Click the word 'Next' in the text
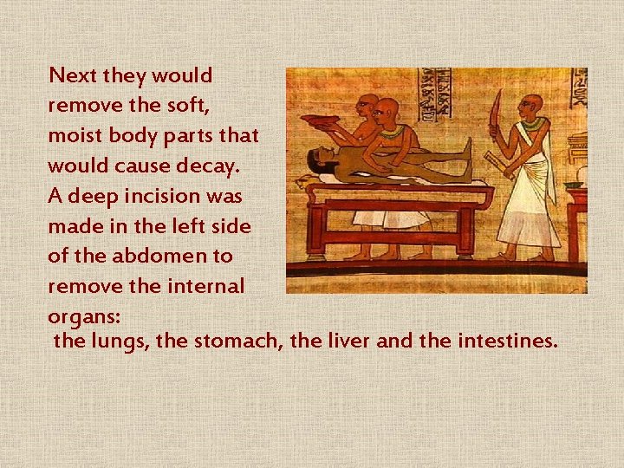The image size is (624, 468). (73, 75)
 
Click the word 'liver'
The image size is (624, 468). (348, 341)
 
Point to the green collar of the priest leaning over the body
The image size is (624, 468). (393, 133)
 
